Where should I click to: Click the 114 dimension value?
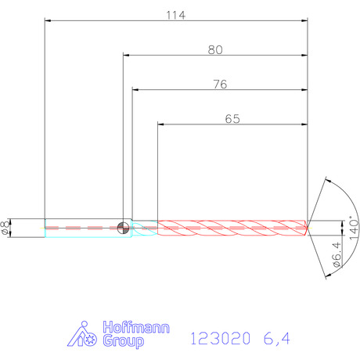pos(176,16)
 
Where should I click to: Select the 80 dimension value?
pos(215,50)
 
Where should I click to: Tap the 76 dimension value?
pos(220,85)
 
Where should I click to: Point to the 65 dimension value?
pos(232,119)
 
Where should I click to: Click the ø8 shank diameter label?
pos(5,228)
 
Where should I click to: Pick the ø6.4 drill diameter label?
pos(337,254)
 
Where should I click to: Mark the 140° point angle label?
pos(354,228)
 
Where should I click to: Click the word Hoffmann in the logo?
pos(136,327)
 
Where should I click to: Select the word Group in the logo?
pos(123,340)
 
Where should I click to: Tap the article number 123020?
pos(221,339)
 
